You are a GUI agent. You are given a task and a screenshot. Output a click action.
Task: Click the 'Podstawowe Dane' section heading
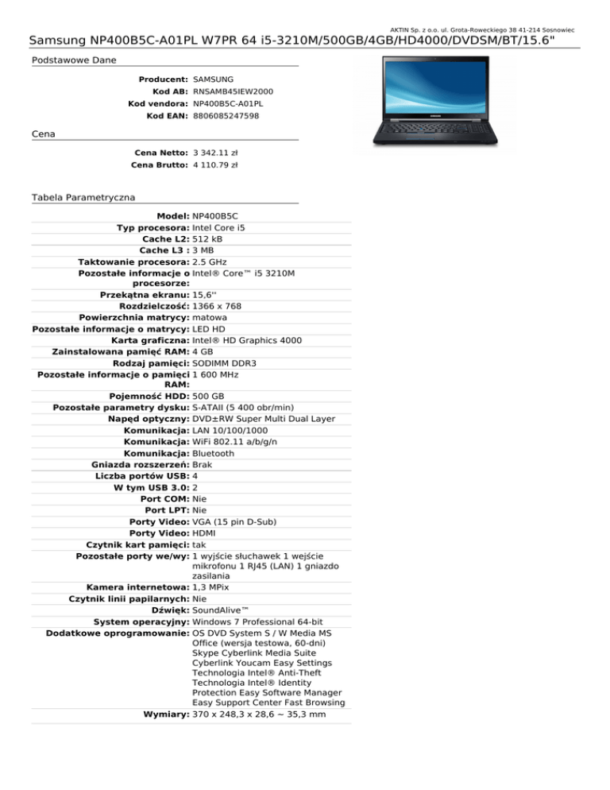tap(67, 60)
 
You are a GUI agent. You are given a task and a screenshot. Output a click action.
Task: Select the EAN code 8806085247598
tap(226, 116)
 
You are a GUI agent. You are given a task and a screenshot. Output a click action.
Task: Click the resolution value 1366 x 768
tap(217, 306)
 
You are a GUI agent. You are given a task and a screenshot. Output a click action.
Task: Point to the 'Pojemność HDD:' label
tap(149, 396)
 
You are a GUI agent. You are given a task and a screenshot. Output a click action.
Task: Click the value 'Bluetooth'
tap(214, 453)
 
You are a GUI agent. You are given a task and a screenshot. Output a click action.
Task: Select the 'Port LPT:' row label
tap(166, 510)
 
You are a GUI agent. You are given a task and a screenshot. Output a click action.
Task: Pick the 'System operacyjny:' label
tap(141, 621)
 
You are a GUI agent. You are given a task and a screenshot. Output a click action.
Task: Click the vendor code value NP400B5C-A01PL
tap(228, 104)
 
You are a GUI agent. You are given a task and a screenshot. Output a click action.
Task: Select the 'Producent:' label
tap(163, 80)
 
